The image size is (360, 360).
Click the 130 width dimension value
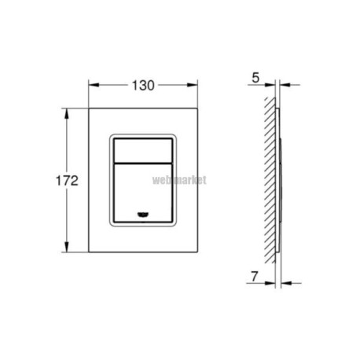(143, 86)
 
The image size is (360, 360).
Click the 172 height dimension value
(67, 181)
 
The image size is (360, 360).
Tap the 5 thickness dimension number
(255, 78)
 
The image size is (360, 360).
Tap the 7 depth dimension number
(255, 277)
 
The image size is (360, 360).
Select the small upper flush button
(143, 151)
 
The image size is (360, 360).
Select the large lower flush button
(143, 193)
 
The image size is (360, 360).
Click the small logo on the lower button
(143, 215)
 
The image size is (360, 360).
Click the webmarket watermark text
(179, 180)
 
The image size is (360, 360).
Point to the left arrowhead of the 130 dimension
(94, 85)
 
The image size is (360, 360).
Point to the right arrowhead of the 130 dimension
(192, 85)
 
